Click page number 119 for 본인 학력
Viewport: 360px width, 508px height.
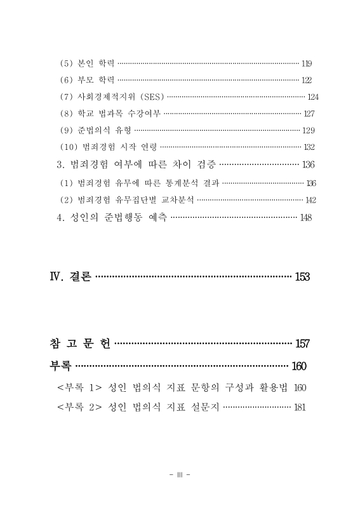pyautogui.click(x=306, y=63)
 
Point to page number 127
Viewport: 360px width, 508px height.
pyautogui.click(x=309, y=114)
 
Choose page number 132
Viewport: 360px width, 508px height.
pyautogui.click(x=309, y=147)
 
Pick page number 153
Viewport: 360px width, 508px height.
pyautogui.click(x=302, y=277)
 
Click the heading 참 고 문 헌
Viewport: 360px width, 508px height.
pyautogui.click(x=80, y=344)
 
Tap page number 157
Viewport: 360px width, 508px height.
pyautogui.click(x=302, y=344)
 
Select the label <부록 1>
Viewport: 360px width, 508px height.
pyautogui.click(x=79, y=387)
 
